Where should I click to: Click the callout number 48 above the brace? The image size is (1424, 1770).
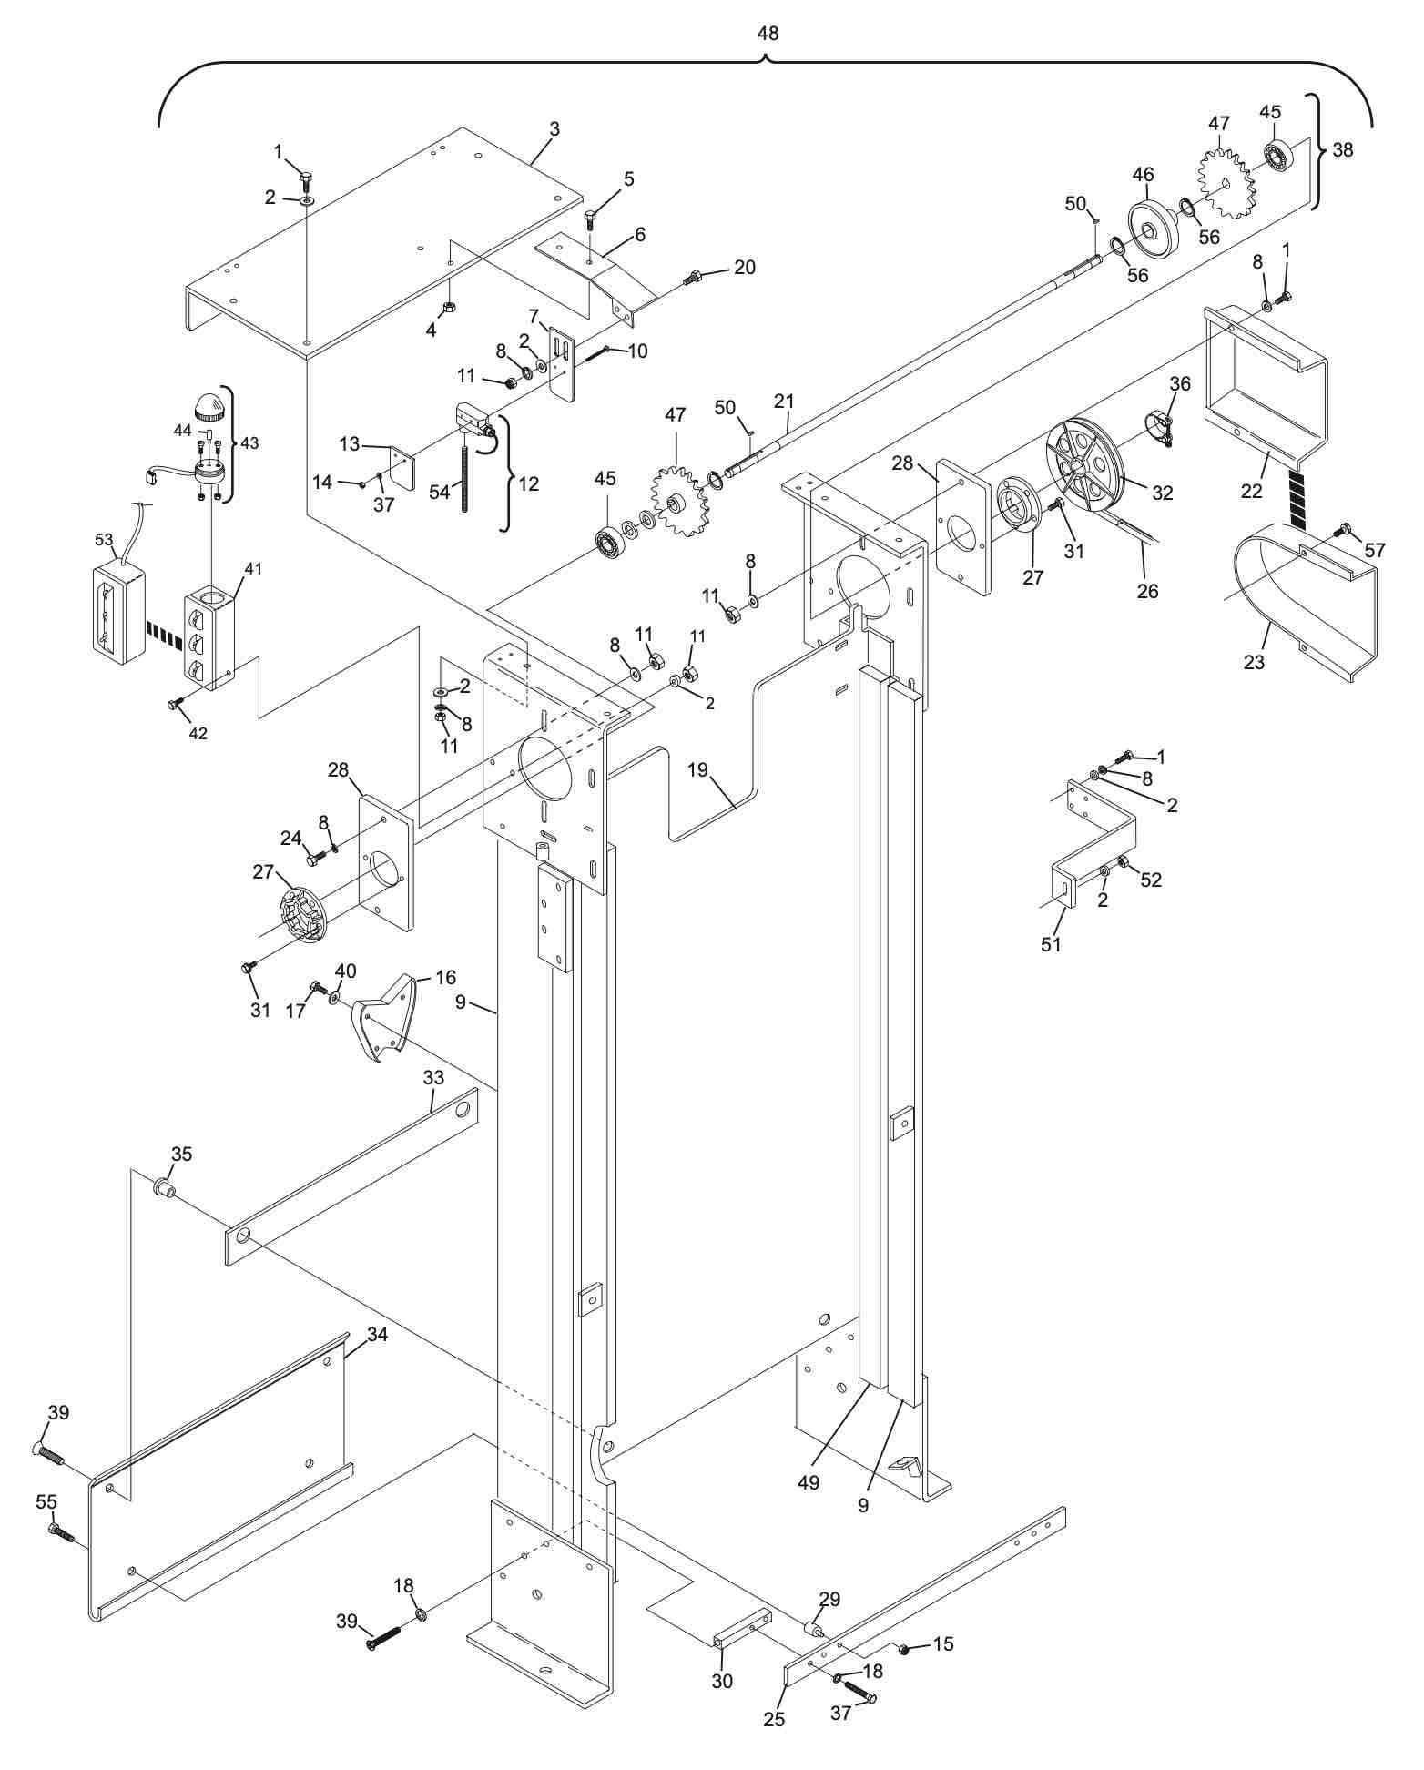point(768,34)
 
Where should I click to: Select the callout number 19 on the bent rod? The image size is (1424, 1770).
point(697,770)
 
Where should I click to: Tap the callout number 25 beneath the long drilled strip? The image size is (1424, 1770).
point(775,1719)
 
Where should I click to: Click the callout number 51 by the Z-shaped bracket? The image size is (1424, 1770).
point(1051,944)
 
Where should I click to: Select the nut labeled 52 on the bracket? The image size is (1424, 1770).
point(1123,862)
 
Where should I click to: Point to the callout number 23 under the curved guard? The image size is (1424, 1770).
point(1254,662)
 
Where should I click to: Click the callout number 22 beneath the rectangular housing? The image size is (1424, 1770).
point(1252,490)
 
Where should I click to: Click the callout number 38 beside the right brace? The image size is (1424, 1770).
point(1343,150)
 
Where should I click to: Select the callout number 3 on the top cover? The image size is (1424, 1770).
point(554,129)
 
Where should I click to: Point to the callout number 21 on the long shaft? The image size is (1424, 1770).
point(784,401)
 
